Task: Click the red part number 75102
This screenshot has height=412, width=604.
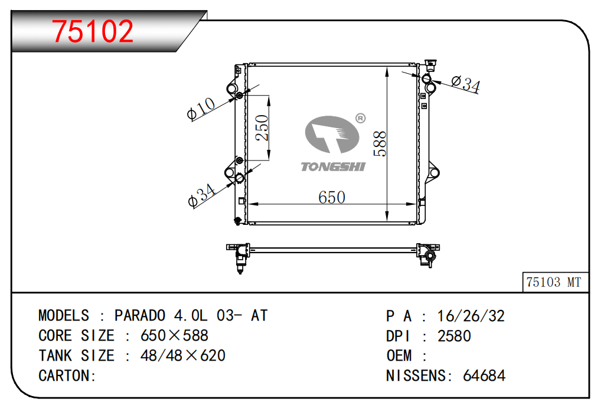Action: pos(93,31)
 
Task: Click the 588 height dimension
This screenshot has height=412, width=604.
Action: pos(380,143)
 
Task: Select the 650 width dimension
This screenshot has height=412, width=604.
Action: pos(332,197)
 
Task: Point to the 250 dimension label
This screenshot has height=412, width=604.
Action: pos(262,127)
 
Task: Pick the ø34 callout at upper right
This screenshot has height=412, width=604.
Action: pos(466,84)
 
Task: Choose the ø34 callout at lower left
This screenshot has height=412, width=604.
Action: pos(201,195)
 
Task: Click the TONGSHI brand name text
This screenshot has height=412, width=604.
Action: pos(333,166)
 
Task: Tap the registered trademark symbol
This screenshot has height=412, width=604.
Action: pos(360,118)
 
